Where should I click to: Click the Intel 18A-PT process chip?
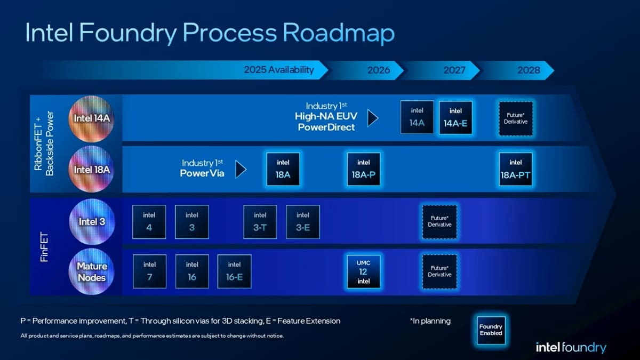tap(515, 169)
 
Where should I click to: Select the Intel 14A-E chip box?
tap(455, 118)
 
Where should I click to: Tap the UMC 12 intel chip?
tap(363, 271)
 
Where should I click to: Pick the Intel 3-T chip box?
tap(260, 221)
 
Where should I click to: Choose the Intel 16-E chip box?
tap(234, 271)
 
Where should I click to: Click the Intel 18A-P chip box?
tap(363, 169)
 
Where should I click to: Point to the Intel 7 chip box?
tap(149, 271)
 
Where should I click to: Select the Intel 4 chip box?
tap(149, 221)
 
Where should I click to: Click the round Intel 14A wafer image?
tap(91, 118)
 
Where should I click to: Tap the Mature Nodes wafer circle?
tap(91, 272)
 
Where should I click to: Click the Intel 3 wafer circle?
tap(91, 221)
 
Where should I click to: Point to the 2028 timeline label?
tap(529, 70)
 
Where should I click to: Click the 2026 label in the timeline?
tap(378, 70)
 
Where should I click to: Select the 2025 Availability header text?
tap(278, 70)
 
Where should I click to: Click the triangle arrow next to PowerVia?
tap(241, 170)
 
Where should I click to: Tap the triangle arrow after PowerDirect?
tap(373, 118)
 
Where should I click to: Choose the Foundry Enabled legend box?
tap(491, 330)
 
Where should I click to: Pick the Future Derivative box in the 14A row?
tap(515, 118)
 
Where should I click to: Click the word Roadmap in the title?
tap(338, 33)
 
